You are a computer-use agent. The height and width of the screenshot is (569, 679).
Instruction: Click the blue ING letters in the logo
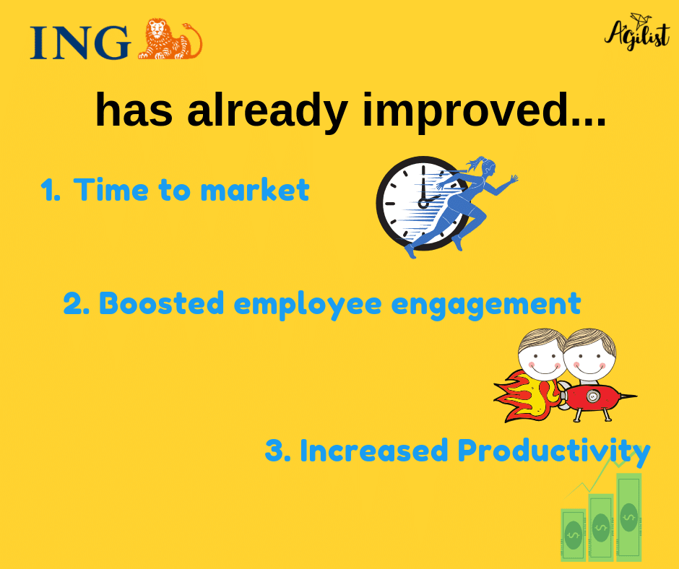(x=79, y=43)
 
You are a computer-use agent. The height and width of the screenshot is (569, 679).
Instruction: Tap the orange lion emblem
(x=169, y=40)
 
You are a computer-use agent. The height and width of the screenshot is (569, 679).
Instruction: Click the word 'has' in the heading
(x=135, y=111)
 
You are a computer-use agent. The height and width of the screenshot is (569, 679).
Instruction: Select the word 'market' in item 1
(x=254, y=191)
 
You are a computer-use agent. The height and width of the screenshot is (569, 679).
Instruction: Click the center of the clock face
(x=423, y=203)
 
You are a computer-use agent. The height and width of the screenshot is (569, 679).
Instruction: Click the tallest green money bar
(x=628, y=516)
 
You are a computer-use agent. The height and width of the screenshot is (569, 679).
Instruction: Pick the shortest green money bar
(x=573, y=534)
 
